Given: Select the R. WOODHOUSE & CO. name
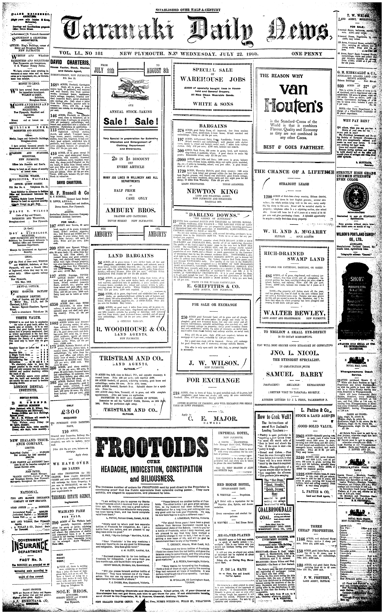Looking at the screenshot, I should (x=130, y=329).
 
